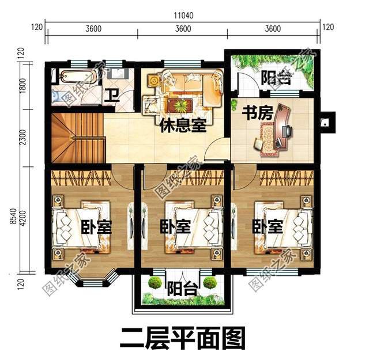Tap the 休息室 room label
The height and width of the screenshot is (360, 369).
(183, 126)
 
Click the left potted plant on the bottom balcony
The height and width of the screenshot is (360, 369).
(155, 282)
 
